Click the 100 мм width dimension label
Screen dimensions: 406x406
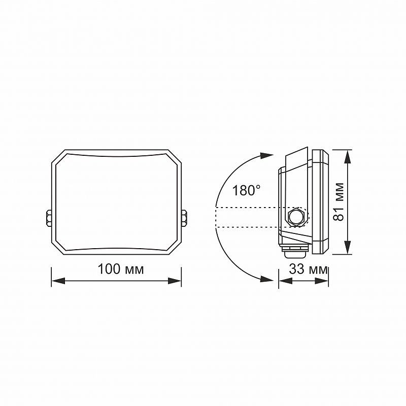point(121,269)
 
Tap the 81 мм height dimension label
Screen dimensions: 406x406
point(339,202)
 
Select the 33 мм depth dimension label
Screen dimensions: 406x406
point(309,269)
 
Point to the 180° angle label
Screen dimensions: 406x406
point(246,191)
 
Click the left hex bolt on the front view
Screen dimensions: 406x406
point(49,218)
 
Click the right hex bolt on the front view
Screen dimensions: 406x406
point(184,218)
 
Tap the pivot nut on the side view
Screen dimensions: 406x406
point(296,217)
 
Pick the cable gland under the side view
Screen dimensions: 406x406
point(295,251)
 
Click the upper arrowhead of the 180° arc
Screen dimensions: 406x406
point(267,156)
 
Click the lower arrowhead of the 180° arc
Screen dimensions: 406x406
point(267,279)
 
